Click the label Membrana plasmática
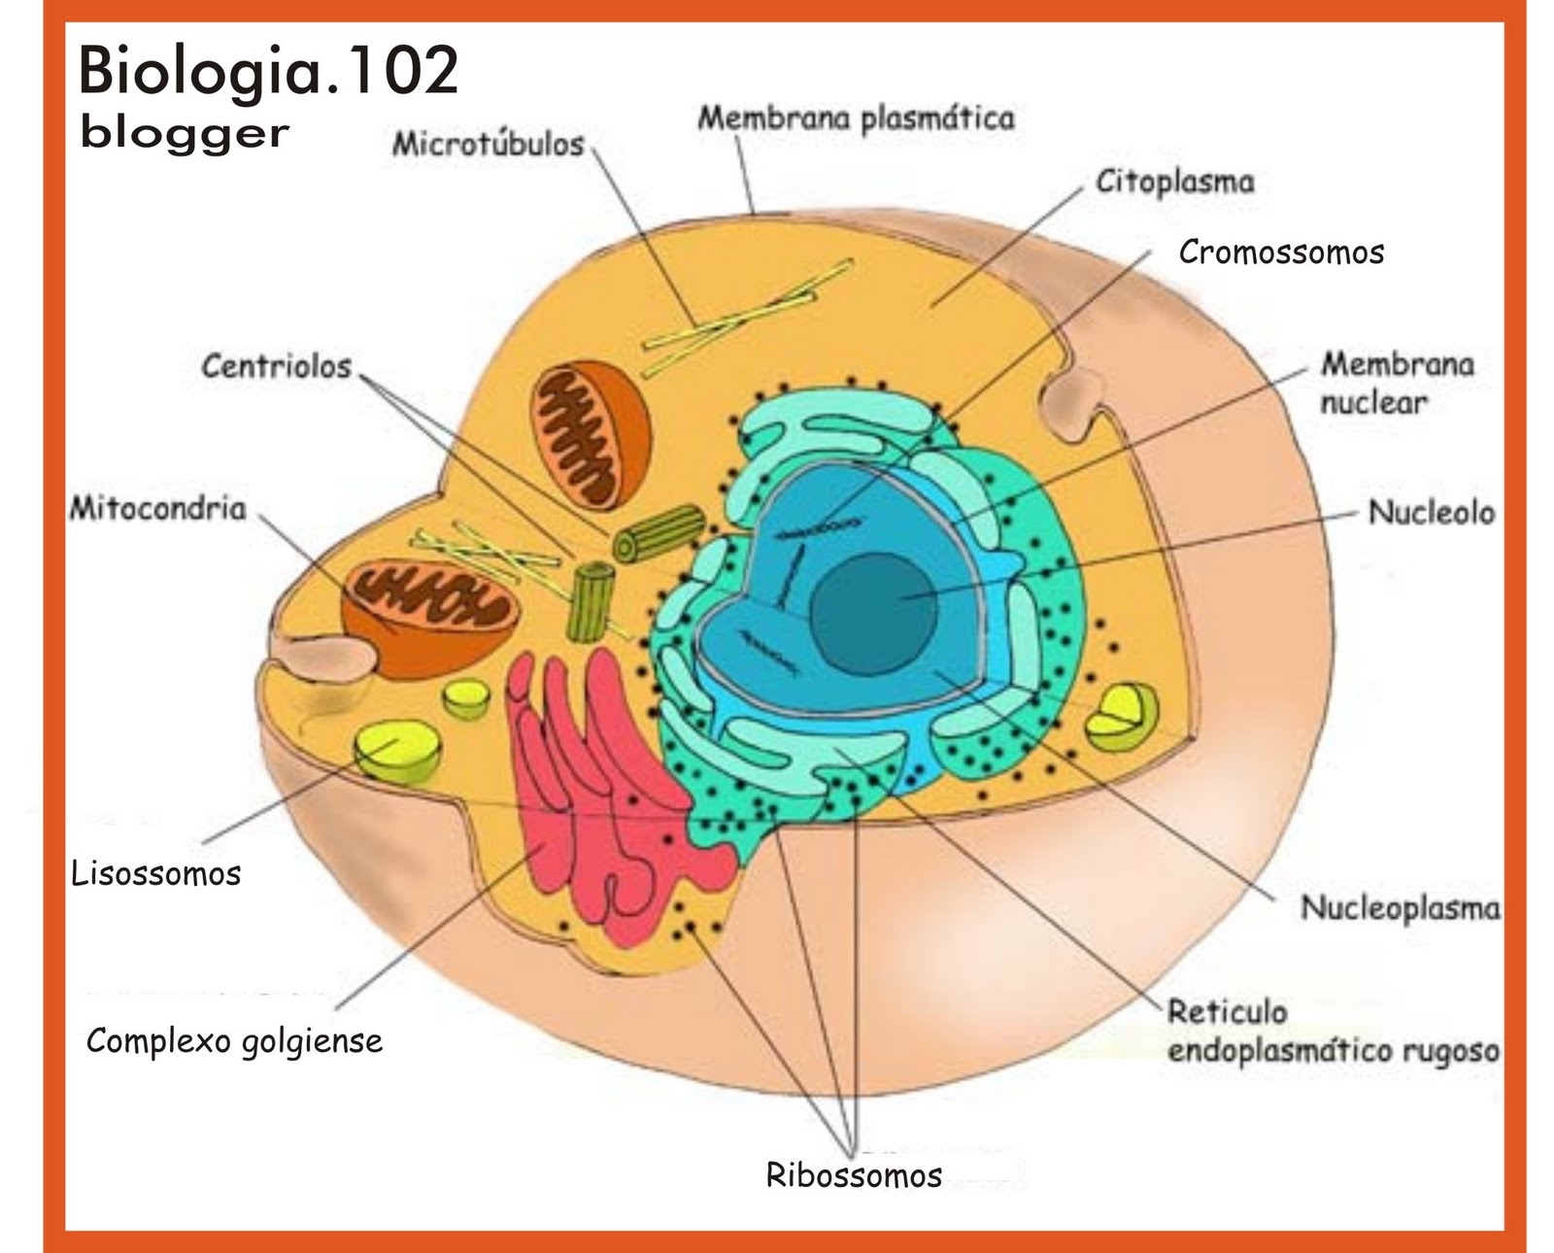(856, 119)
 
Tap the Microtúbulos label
(488, 144)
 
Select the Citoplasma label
(1174, 182)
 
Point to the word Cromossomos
(1280, 253)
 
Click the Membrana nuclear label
(1396, 383)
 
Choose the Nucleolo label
(1431, 512)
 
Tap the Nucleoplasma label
(1399, 908)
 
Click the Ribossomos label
(853, 1175)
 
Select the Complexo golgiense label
(234, 1041)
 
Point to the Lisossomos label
(155, 873)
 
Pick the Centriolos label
(276, 366)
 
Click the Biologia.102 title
(267, 70)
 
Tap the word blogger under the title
(185, 133)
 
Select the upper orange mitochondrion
(590, 434)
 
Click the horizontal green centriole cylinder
(659, 533)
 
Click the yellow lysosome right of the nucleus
(1122, 717)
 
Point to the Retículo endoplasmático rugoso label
(1331, 1032)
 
